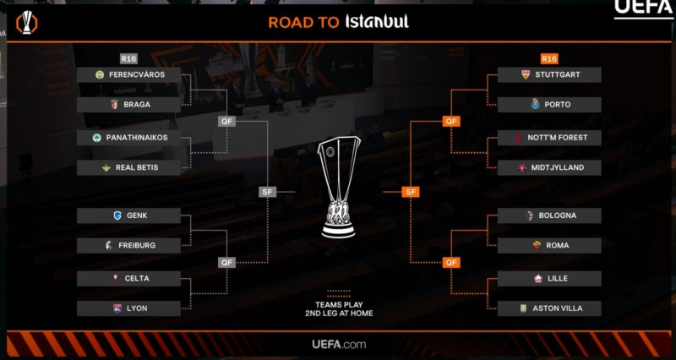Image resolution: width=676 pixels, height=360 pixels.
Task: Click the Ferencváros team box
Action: pos(129,74)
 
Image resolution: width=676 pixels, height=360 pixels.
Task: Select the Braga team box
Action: pos(129,105)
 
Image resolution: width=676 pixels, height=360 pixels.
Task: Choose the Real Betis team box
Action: pos(129,167)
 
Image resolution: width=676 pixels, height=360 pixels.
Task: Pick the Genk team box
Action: pos(129,215)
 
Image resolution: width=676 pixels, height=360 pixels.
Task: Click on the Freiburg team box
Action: pos(129,245)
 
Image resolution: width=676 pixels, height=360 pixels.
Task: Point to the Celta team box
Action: pos(129,278)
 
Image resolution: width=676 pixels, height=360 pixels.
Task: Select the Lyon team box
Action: pos(129,308)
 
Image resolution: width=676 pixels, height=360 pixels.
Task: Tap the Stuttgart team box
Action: pos(549,74)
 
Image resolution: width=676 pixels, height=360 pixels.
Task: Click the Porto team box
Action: pos(549,105)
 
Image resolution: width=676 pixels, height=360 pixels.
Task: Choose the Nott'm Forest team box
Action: pos(549,137)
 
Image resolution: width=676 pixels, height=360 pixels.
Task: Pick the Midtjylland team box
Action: pos(549,167)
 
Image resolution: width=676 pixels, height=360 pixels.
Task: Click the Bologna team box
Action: pos(549,215)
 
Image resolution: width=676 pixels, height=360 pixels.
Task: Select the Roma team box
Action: pos(549,245)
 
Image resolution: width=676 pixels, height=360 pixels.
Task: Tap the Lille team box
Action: pos(549,278)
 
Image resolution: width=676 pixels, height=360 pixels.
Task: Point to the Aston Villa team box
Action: pos(549,308)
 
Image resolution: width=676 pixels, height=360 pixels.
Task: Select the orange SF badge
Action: pos(411,192)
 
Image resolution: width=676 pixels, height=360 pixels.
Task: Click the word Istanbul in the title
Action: pos(377,22)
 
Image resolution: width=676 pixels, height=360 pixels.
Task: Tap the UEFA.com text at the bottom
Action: pos(338,344)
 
